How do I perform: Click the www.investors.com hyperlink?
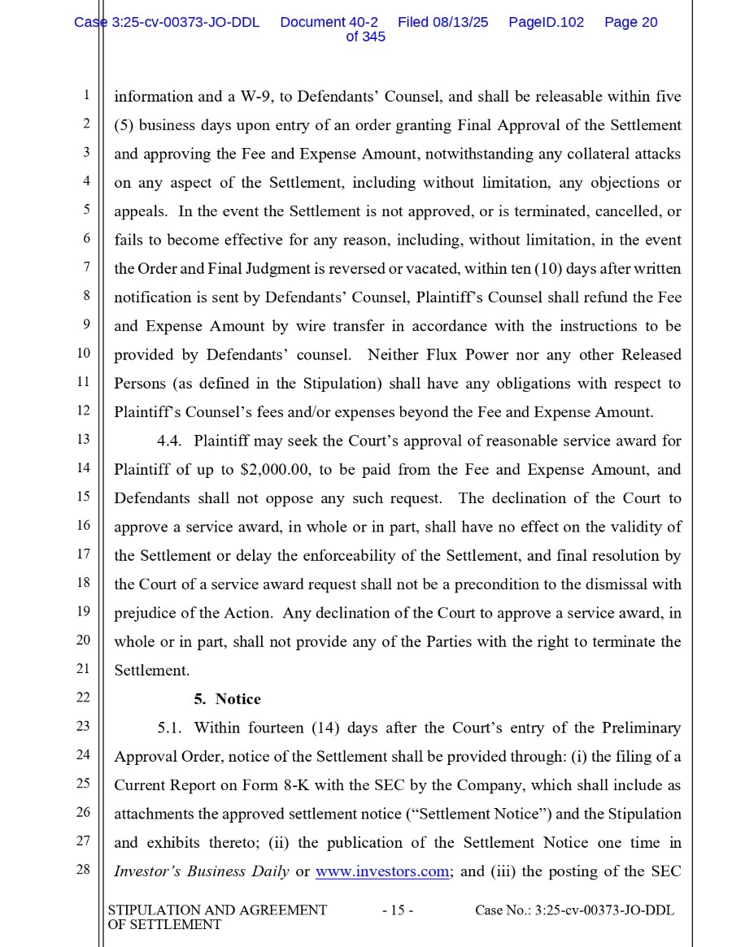tap(381, 871)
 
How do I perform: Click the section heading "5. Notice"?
tap(227, 699)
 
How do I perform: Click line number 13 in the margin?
tap(83, 440)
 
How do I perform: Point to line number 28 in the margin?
tap(83, 870)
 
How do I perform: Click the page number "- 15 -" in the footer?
tap(398, 910)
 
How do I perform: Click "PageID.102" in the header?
tap(546, 23)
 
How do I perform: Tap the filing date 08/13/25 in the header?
tap(460, 23)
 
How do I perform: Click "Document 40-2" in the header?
tap(329, 23)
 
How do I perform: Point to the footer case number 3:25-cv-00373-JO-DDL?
tap(604, 910)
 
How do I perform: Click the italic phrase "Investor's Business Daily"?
tap(201, 871)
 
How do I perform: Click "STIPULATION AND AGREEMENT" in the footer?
tap(217, 910)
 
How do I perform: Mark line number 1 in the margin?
tap(85, 95)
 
